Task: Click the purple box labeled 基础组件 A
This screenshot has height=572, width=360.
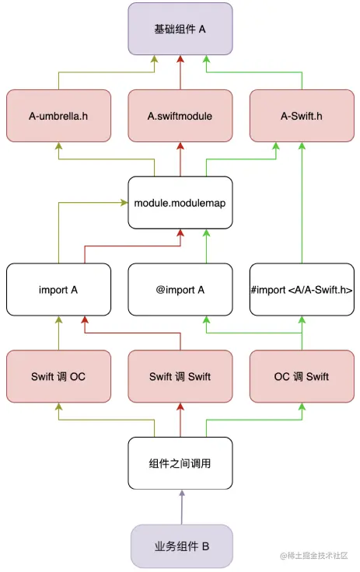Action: pyautogui.click(x=180, y=29)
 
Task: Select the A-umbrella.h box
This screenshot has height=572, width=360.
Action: pyautogui.click(x=58, y=116)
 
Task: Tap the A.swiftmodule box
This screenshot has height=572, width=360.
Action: pyautogui.click(x=180, y=116)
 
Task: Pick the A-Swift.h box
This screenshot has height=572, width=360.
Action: pyautogui.click(x=302, y=116)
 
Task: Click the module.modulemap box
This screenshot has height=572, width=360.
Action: pyautogui.click(x=180, y=203)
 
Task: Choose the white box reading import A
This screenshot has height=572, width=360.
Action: pyautogui.click(x=58, y=290)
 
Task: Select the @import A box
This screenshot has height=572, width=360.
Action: pyautogui.click(x=180, y=290)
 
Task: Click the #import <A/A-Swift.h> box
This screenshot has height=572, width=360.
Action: pyautogui.click(x=302, y=290)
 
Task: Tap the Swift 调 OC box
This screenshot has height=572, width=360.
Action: pyautogui.click(x=58, y=376)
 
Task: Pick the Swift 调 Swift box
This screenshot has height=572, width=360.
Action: pyautogui.click(x=180, y=376)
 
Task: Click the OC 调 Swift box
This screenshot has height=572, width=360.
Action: pyautogui.click(x=302, y=376)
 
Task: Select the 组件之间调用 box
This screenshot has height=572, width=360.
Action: pyautogui.click(x=180, y=463)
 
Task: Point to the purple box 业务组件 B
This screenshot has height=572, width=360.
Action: pyautogui.click(x=181, y=546)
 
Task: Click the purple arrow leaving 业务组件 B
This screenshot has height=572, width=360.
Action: pyautogui.click(x=181, y=507)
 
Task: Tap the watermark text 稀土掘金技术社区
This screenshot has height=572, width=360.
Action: pyautogui.click(x=317, y=556)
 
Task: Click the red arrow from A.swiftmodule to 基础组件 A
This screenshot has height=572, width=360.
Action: pyautogui.click(x=180, y=72)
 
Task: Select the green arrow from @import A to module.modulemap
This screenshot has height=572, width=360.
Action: pyautogui.click(x=206, y=246)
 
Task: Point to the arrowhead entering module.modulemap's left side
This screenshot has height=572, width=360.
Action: pyautogui.click(x=124, y=203)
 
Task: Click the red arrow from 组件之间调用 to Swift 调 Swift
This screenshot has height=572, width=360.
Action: pyautogui.click(x=180, y=420)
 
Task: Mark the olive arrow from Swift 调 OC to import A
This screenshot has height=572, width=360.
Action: pyautogui.click(x=58, y=333)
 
